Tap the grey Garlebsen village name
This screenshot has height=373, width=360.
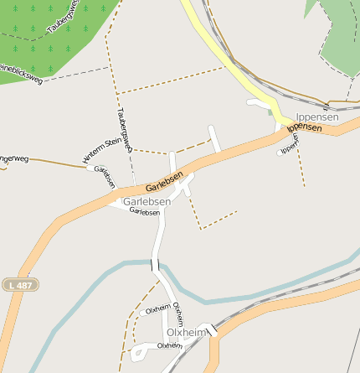[x=147, y=202]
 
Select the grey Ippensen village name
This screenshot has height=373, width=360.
[x=317, y=117]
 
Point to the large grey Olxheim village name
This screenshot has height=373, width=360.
[x=186, y=333]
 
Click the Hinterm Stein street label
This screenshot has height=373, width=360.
[x=102, y=150]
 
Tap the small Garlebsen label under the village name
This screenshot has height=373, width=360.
[x=145, y=212]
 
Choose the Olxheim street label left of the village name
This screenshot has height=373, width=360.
[x=158, y=310]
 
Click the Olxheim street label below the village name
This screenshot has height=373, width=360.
[x=170, y=345]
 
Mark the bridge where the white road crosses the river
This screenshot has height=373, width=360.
[x=156, y=265]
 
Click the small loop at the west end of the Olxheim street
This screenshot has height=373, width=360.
[x=136, y=354]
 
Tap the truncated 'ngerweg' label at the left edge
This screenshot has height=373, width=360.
[x=14, y=157]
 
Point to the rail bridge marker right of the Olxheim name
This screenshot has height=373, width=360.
[x=213, y=330]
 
